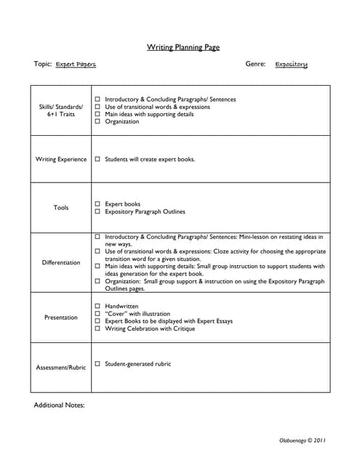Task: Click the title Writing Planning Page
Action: coord(183,48)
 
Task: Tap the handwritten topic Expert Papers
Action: coord(76,65)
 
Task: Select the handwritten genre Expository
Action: coord(291,65)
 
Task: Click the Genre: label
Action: coord(255,64)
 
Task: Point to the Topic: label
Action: coord(43,64)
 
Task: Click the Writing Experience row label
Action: coord(61,159)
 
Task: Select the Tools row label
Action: coord(61,208)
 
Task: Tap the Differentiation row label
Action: coord(61,262)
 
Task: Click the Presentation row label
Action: coord(61,318)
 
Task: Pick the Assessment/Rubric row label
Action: coord(61,368)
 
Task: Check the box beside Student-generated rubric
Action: coord(97,364)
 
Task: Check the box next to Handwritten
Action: coord(97,307)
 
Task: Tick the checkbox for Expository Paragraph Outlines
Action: coord(97,212)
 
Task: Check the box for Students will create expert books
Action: coord(97,159)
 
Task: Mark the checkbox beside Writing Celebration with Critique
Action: coord(97,329)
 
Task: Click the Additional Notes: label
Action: coord(60,405)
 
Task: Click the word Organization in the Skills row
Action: coord(121,122)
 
